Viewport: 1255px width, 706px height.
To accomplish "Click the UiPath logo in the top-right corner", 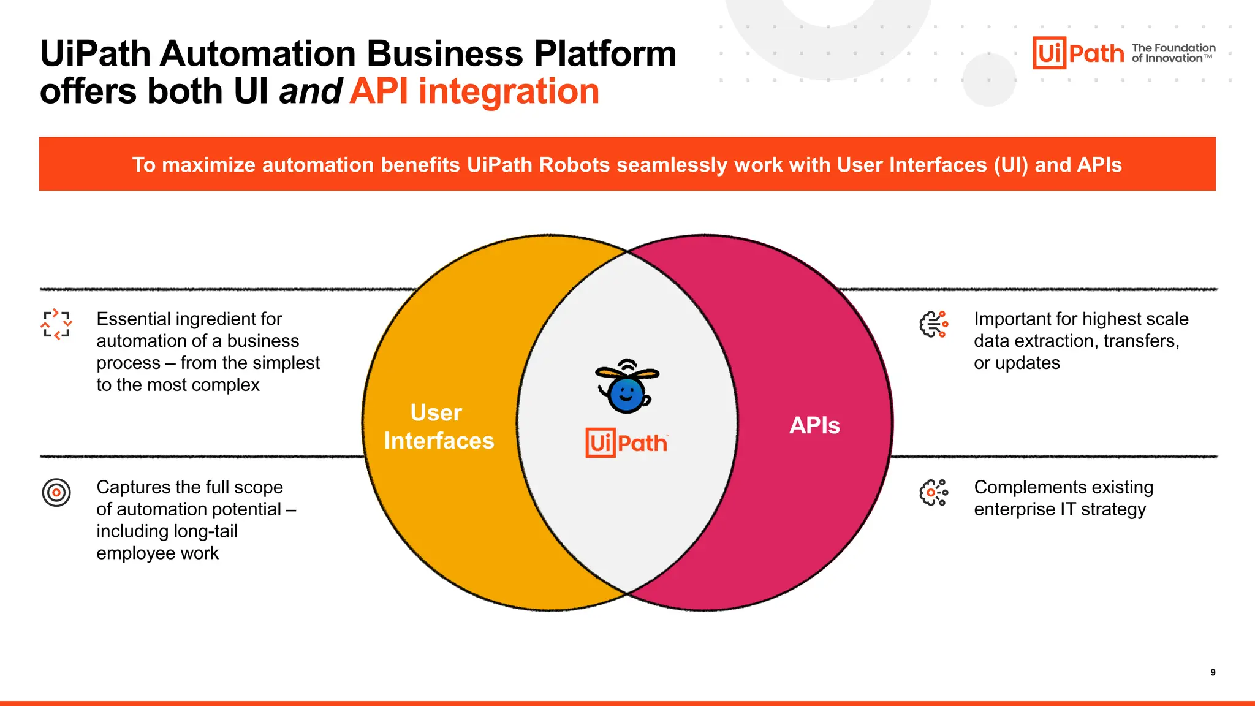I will click(x=1078, y=53).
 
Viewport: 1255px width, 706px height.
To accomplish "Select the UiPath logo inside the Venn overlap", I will click(x=626, y=442).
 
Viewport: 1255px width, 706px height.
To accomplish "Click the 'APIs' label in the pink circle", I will click(x=814, y=425).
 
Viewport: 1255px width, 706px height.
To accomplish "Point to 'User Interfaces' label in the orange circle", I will click(x=438, y=427).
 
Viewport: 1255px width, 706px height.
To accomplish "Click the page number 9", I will click(x=1213, y=672).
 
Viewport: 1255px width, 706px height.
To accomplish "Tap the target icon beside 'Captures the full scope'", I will click(x=56, y=492).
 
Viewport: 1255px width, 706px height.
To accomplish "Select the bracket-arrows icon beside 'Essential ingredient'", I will click(x=56, y=324).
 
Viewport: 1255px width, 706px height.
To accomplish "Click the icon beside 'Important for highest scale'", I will click(x=934, y=324).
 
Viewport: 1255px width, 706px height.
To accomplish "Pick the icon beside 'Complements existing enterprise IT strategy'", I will click(x=934, y=493).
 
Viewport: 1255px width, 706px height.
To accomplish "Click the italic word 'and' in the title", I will click(x=310, y=92).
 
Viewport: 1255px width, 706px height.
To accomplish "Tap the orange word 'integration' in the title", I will click(x=508, y=92).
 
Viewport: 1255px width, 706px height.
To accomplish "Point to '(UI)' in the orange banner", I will click(x=1010, y=165).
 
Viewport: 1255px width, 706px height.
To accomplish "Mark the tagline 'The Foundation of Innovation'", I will click(x=1173, y=53).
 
